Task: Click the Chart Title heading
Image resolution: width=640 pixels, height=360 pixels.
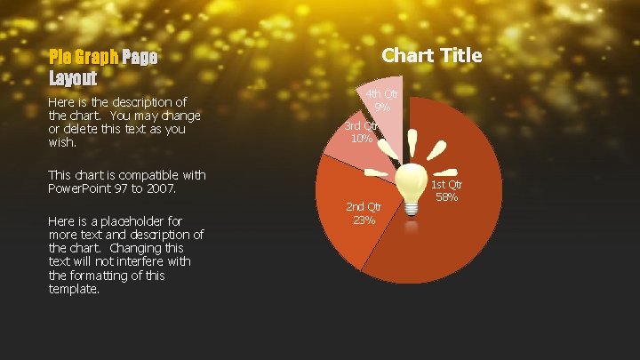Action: [x=432, y=55]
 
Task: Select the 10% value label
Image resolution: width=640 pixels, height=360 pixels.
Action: [x=361, y=138]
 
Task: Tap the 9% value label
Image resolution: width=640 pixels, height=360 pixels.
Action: [x=384, y=107]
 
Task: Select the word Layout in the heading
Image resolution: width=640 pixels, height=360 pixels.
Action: [x=73, y=77]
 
